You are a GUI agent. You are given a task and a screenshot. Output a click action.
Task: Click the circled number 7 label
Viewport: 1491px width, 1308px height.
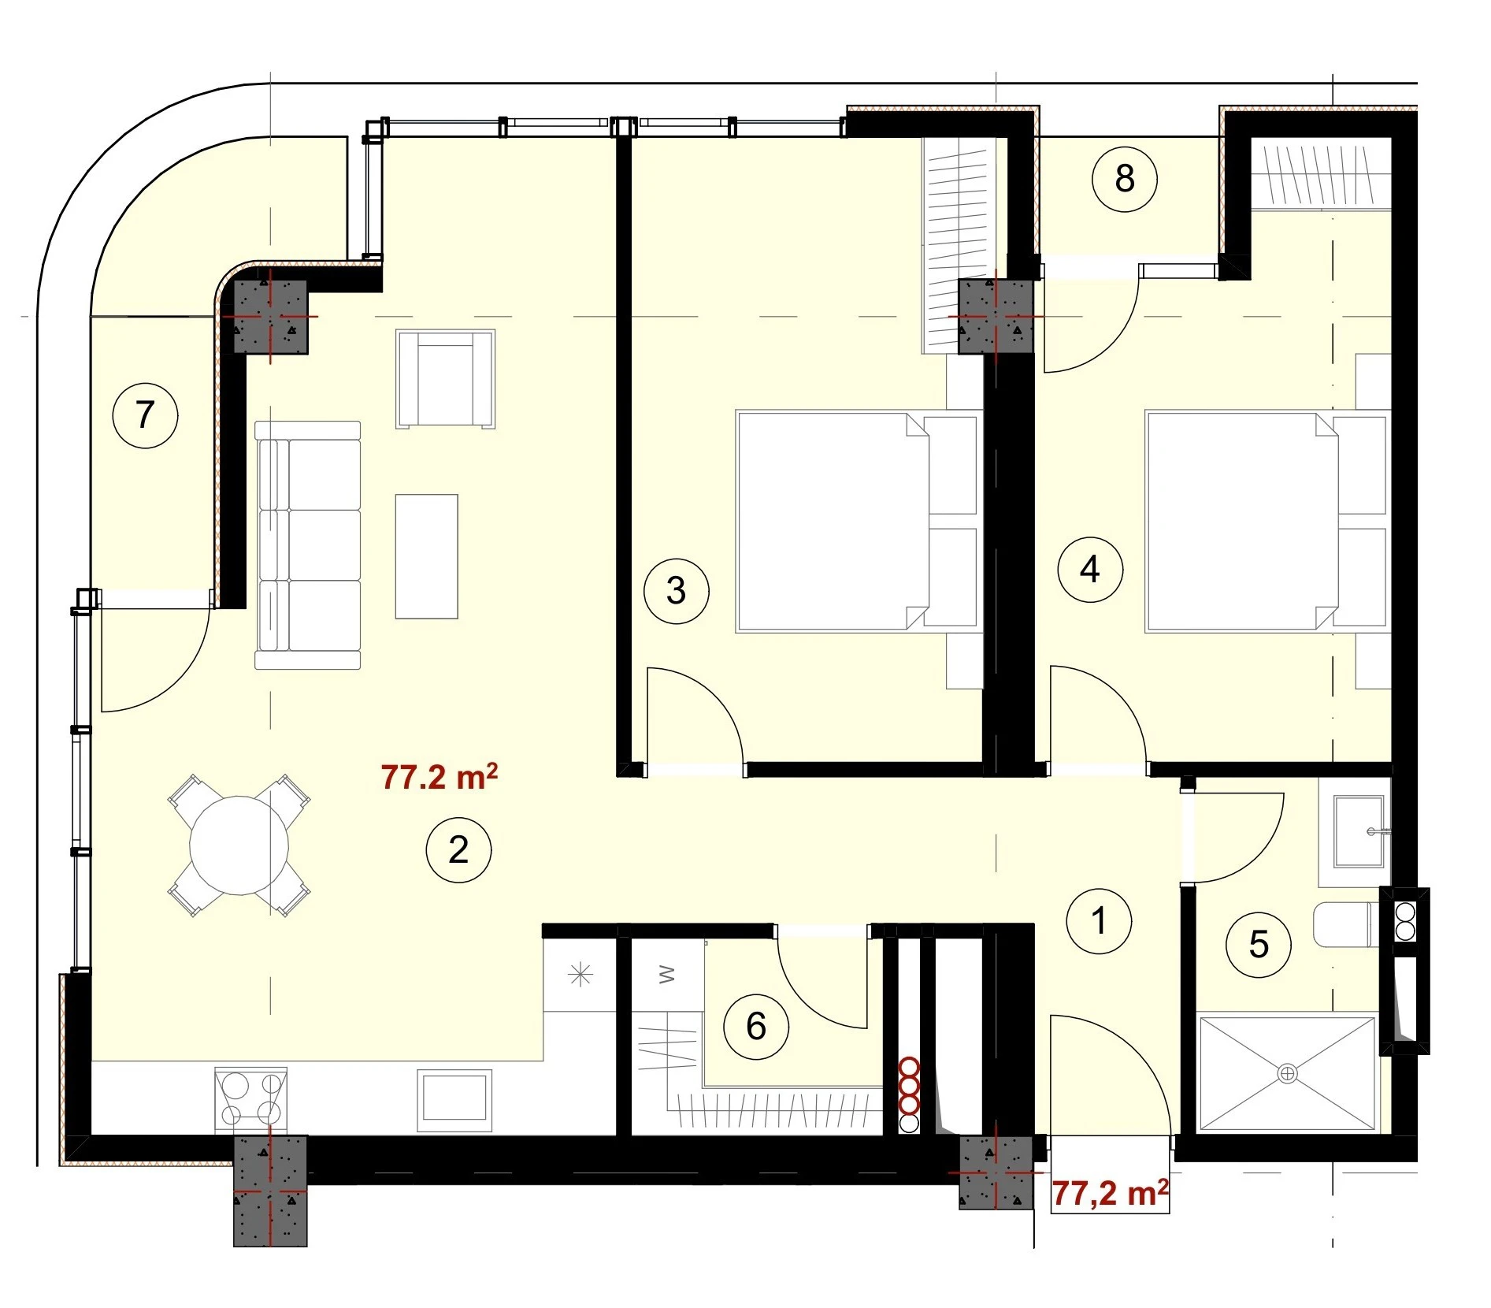click(145, 414)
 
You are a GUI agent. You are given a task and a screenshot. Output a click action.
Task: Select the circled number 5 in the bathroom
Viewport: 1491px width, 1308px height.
click(1259, 944)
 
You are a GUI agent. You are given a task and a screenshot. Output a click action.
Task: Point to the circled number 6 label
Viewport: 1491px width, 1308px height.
click(756, 1026)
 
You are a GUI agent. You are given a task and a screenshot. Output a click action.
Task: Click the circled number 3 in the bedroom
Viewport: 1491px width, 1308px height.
click(677, 591)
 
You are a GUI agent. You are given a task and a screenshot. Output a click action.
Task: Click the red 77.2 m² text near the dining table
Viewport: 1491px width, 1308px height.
click(439, 777)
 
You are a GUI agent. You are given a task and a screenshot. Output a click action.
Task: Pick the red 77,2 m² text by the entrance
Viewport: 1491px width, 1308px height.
click(1110, 1193)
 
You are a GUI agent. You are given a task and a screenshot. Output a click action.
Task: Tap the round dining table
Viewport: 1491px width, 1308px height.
click(239, 845)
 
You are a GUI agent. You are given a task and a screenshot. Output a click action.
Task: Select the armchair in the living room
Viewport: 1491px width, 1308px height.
click(446, 379)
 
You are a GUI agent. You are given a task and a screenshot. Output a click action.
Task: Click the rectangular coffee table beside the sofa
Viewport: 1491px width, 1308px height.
click(427, 556)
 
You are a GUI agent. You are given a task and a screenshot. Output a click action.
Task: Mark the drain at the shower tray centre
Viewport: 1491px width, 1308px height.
click(1288, 1073)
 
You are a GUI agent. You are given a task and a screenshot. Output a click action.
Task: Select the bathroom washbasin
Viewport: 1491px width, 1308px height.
click(1359, 831)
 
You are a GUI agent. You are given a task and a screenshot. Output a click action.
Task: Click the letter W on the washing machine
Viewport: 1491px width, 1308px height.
click(667, 975)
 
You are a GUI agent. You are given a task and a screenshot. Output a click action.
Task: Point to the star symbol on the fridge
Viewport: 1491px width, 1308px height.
click(580, 975)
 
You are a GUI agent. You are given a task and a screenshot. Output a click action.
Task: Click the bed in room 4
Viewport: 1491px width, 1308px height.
click(1267, 521)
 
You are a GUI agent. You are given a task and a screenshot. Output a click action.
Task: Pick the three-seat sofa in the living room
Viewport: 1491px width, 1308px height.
click(308, 545)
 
